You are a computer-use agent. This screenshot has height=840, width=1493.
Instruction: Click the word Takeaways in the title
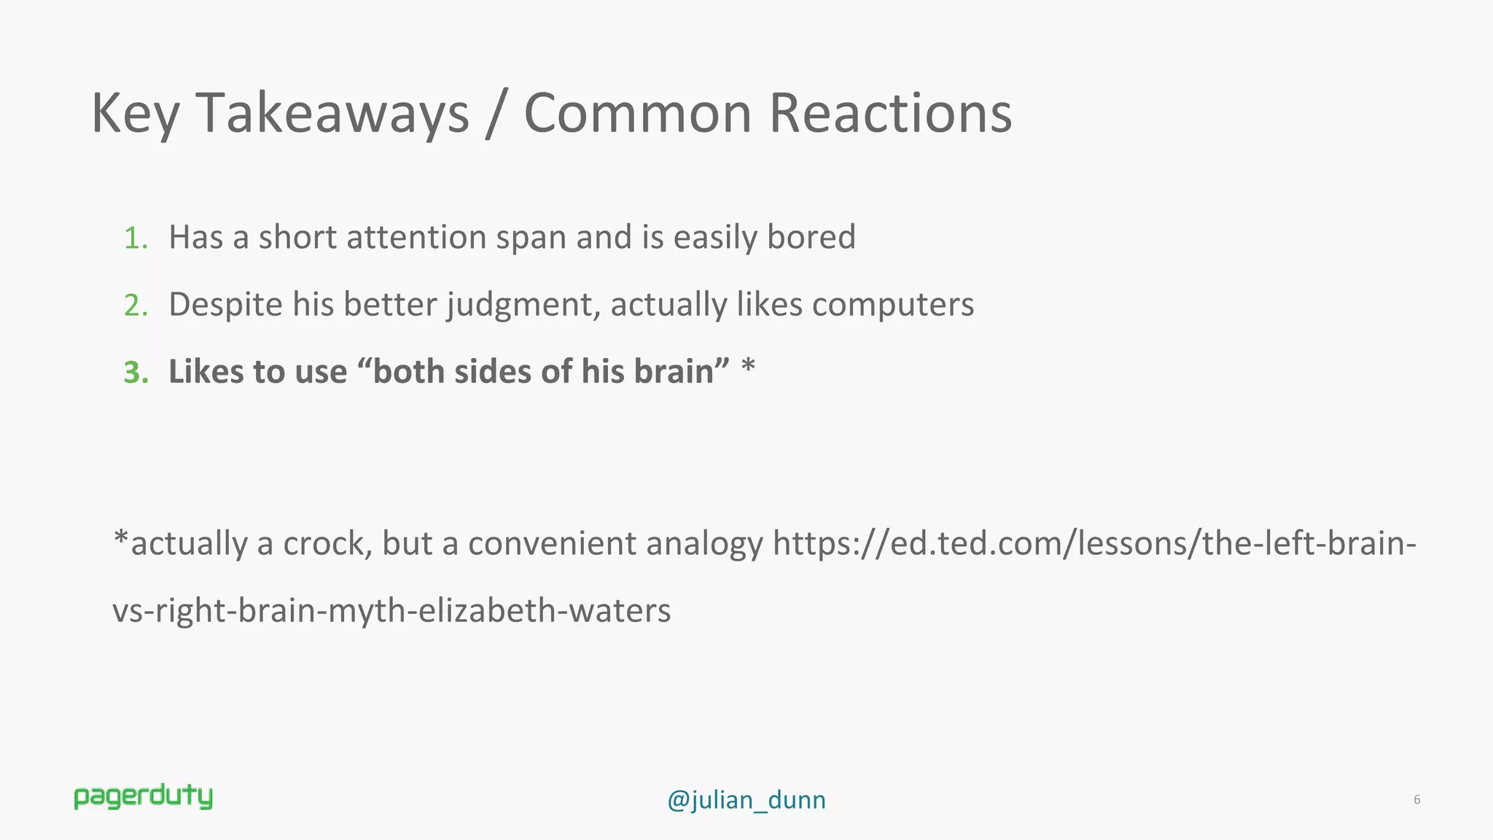(x=332, y=114)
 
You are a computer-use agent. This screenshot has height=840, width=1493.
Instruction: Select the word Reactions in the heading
(x=890, y=114)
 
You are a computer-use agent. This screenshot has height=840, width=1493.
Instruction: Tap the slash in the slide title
(x=496, y=114)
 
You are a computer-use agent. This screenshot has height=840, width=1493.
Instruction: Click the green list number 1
(x=135, y=238)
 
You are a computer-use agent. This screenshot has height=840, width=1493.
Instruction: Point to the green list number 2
(x=136, y=306)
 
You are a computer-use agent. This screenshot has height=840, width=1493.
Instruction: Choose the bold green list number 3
(x=136, y=373)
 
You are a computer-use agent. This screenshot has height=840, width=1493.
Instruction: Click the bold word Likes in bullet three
(x=206, y=372)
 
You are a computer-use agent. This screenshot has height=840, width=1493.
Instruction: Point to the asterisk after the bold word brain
(x=748, y=366)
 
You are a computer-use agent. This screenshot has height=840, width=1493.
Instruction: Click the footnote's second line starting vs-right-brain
(x=391, y=611)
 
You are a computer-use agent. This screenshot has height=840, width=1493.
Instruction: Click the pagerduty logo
(x=144, y=797)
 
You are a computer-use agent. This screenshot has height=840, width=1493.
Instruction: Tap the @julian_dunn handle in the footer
(x=746, y=801)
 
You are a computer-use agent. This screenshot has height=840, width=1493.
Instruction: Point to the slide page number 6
(x=1416, y=800)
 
